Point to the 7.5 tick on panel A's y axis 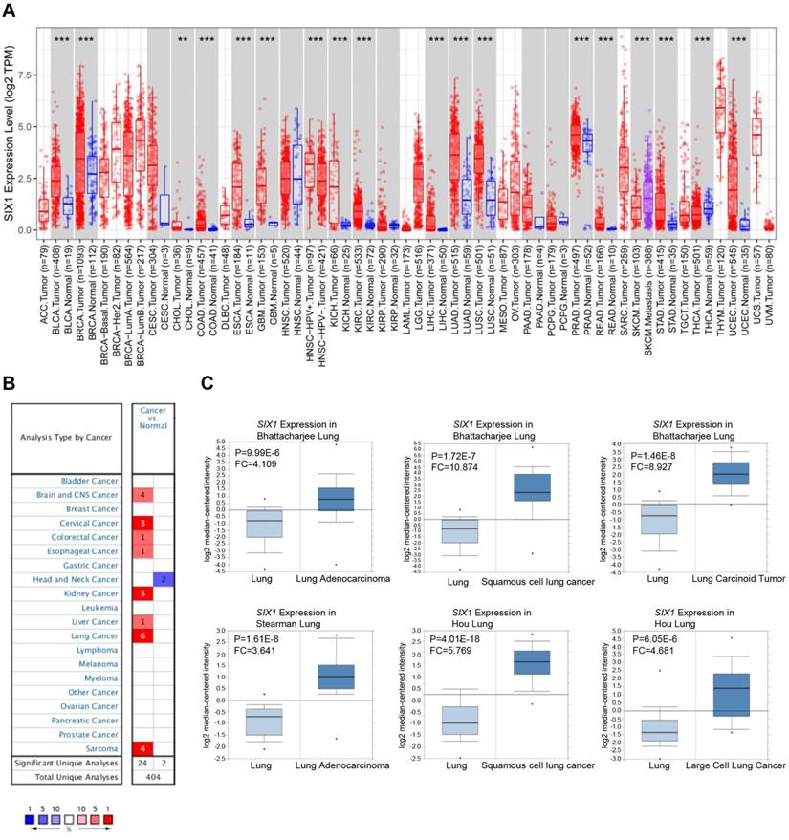(23, 75)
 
